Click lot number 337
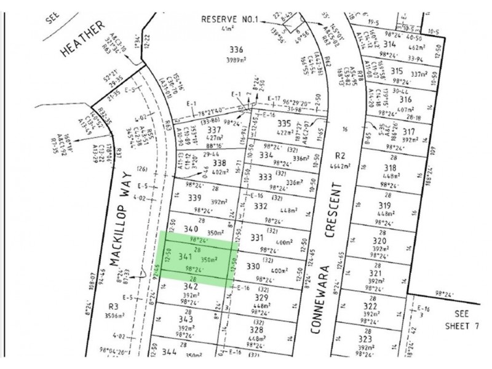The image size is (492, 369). [215, 130]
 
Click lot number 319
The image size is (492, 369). [386, 205]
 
